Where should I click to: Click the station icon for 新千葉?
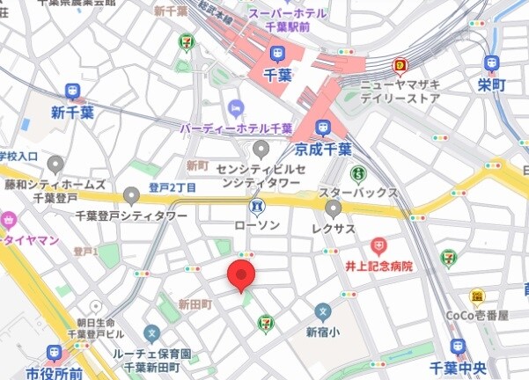71,91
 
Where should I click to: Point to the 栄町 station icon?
491,63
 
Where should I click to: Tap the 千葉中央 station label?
455,368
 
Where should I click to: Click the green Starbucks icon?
357,173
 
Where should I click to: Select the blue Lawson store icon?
257,207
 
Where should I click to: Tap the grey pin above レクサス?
334,208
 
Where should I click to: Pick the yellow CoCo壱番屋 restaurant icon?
478,297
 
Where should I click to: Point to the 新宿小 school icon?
323,312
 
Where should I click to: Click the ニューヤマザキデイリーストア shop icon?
400,65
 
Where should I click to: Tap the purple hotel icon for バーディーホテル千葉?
235,108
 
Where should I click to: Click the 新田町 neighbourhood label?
196,303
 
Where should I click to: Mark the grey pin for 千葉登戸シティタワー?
132,195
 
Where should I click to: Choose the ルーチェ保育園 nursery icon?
152,334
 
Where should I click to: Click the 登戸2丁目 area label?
173,187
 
